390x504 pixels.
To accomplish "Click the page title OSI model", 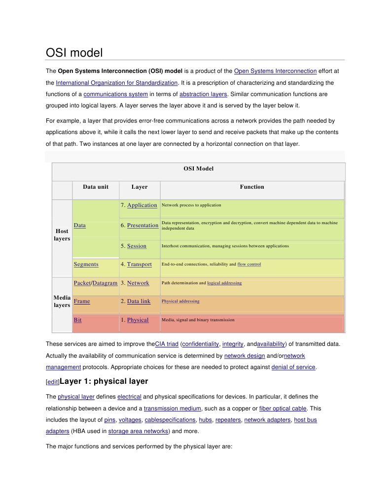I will click(x=74, y=53).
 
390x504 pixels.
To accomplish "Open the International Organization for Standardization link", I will click(x=117, y=83).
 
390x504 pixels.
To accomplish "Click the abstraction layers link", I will click(x=203, y=94).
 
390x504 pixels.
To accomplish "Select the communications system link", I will click(x=116, y=94).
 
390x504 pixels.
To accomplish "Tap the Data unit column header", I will click(x=96, y=187).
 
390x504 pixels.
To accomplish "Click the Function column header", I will click(x=252, y=187).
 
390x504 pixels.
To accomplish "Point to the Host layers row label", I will click(x=62, y=235).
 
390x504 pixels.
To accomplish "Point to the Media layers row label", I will click(x=62, y=302).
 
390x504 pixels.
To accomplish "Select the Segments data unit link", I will click(x=86, y=265).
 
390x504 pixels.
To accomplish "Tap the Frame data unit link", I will click(x=82, y=301).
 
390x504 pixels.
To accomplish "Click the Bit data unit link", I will click(x=77, y=320).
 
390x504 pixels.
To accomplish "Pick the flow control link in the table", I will click(x=249, y=265).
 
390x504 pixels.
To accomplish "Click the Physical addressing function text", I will click(x=180, y=301).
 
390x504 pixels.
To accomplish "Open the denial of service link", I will click(x=293, y=367).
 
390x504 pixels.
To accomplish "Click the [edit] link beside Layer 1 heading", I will click(x=52, y=382).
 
